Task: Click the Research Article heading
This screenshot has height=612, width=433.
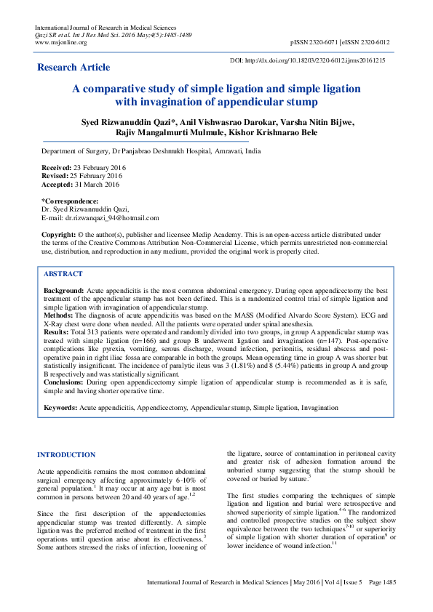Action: point(74,68)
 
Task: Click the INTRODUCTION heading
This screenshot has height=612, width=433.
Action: point(66,455)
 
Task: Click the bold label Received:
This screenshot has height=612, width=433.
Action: point(57,168)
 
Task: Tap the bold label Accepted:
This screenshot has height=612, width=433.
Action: point(57,184)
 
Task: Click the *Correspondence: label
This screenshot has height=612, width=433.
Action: point(70,201)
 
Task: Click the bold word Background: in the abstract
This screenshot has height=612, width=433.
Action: point(63,290)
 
